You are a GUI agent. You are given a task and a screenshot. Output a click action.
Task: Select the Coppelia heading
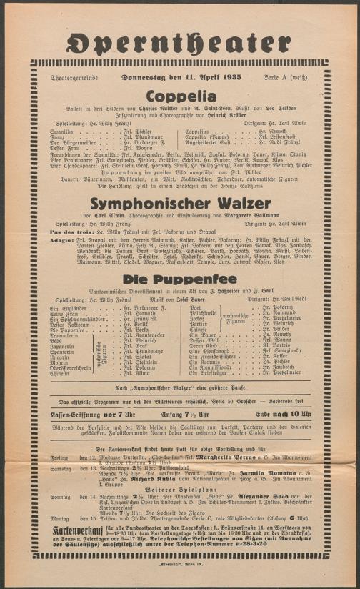[180, 96]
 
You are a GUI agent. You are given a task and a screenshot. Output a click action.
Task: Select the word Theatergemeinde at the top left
[71, 77]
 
